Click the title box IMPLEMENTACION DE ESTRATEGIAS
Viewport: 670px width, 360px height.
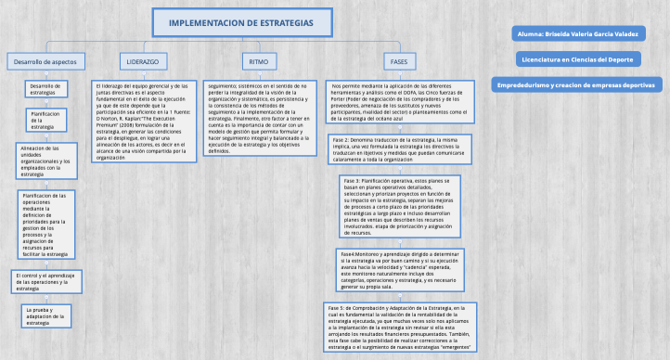(241, 21)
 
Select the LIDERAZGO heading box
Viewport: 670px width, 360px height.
(142, 61)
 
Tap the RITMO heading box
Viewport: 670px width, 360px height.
(257, 61)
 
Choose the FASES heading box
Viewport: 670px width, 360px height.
(399, 61)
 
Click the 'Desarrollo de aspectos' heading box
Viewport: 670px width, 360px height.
(45, 61)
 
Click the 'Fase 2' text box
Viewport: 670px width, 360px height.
(402, 148)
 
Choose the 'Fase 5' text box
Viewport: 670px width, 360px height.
(401, 327)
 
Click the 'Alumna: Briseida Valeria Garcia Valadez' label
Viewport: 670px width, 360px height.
(575, 33)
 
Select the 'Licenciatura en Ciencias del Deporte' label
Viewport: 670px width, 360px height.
(575, 58)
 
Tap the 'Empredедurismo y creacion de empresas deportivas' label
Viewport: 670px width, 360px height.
(575, 84)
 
